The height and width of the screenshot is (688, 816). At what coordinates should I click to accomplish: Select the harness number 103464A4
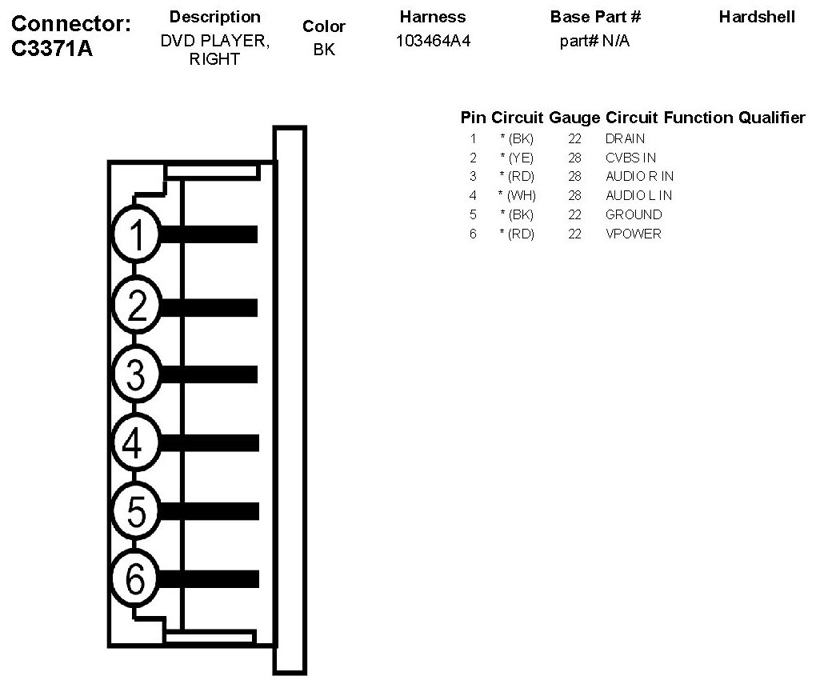pyautogui.click(x=433, y=41)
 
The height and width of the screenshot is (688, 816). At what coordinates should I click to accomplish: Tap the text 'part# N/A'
pyautogui.click(x=594, y=41)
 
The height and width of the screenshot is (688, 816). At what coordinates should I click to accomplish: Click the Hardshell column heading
pyautogui.click(x=757, y=17)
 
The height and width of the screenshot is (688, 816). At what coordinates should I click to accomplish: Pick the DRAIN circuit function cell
pyautogui.click(x=625, y=138)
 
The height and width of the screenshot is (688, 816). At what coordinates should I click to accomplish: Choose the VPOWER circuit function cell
pyautogui.click(x=633, y=234)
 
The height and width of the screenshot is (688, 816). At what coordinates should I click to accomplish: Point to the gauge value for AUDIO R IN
pyautogui.click(x=574, y=176)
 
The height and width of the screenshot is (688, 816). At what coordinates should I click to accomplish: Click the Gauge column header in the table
pyautogui.click(x=574, y=118)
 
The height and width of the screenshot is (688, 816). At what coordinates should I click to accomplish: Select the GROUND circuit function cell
pyautogui.click(x=634, y=214)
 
